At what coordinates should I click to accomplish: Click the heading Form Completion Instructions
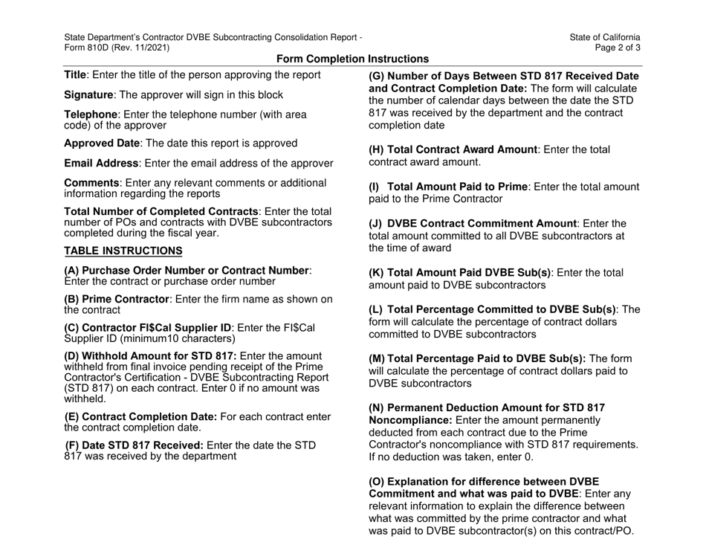coord(352,59)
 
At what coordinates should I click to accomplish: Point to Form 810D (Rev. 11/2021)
coord(117,48)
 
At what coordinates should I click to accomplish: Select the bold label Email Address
coord(105,163)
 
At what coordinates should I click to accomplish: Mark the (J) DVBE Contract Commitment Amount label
coord(475,224)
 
